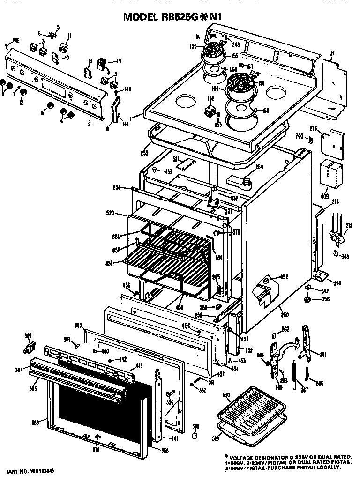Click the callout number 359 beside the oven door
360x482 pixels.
35,423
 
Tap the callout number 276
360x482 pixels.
314,127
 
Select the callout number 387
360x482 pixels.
28,335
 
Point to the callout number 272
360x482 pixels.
348,225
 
